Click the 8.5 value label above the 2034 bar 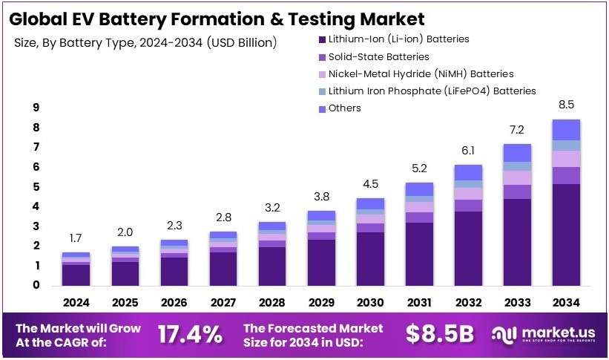coord(566,105)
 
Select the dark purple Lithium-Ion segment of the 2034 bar coord(566,235)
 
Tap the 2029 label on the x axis coord(320,303)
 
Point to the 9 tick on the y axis coord(36,108)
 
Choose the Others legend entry coord(344,108)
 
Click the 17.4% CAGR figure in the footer coord(190,335)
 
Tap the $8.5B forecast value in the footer coord(439,335)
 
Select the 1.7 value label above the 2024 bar coord(76,238)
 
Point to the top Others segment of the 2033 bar coord(517,152)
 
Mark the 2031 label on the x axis coord(419,303)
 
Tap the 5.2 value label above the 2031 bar coord(419,168)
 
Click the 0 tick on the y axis coord(36,285)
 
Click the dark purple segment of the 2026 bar coord(174,272)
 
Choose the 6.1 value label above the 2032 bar coord(468,151)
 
